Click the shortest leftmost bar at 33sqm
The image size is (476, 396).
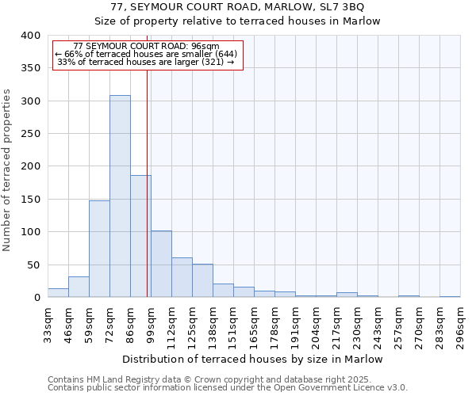pos(58,293)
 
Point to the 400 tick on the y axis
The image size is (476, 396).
pos(30,36)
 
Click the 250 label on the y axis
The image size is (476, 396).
pos(30,134)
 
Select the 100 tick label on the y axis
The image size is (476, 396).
pos(30,232)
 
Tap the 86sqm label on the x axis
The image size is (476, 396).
pos(130,323)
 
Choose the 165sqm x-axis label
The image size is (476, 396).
pos(254,323)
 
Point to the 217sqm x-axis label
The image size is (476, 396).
pos(336,323)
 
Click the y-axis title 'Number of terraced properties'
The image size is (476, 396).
pos(7,169)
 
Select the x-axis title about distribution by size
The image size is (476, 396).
pos(254,359)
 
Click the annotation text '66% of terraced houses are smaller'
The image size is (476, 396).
pos(147,54)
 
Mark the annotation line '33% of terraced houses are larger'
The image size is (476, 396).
pos(147,62)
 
